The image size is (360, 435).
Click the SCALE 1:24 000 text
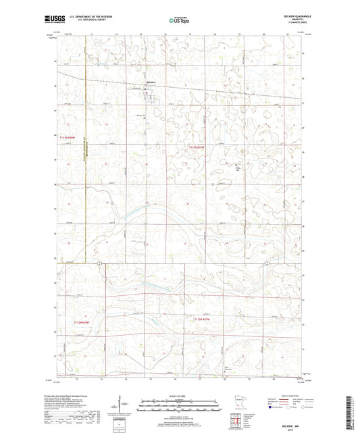180,396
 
